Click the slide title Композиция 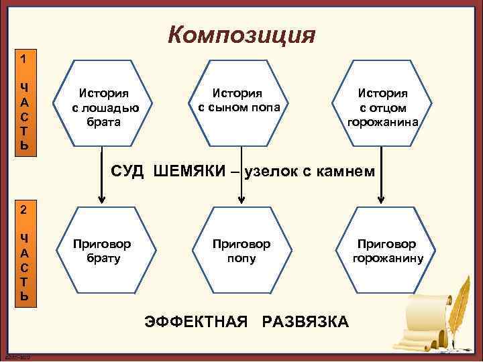click(241, 34)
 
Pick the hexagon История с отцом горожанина click(382, 107)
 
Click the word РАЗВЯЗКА click(305, 322)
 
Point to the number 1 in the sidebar click(23, 58)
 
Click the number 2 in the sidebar click(23, 209)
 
